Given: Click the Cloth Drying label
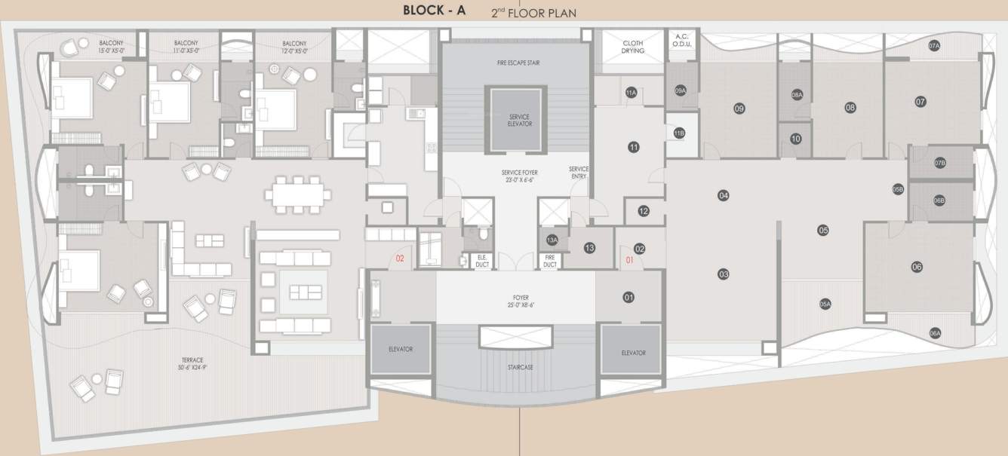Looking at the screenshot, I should pyautogui.click(x=633, y=47).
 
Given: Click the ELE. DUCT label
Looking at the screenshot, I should pyautogui.click(x=481, y=261).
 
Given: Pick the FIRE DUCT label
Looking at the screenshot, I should pyautogui.click(x=550, y=261).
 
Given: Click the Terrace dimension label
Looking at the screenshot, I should pyautogui.click(x=191, y=363).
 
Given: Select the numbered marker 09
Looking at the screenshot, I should pyautogui.click(x=739, y=109).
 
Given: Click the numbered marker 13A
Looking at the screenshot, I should pyautogui.click(x=552, y=240).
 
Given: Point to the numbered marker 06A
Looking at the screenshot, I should pyautogui.click(x=935, y=332).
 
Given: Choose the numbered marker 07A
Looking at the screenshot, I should pyautogui.click(x=934, y=46).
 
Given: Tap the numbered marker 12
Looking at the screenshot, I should pyautogui.click(x=643, y=211).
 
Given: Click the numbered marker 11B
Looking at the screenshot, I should pyautogui.click(x=679, y=133).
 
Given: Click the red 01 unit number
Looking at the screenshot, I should pyautogui.click(x=630, y=262).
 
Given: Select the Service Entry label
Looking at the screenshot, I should pyautogui.click(x=579, y=173).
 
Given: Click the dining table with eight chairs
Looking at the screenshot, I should pyautogui.click(x=297, y=194).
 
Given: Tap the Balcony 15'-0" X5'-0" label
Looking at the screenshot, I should pyautogui.click(x=111, y=47).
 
